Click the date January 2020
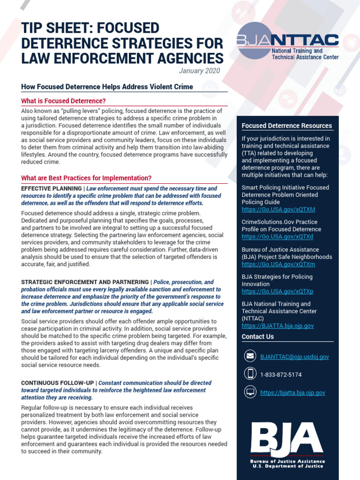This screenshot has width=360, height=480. [199, 71]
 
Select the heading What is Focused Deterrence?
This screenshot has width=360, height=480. [64, 101]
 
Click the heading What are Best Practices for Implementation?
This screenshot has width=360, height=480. [86, 178]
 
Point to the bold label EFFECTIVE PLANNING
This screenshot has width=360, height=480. [51, 188]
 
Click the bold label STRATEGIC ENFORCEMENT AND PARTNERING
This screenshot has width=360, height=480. [85, 282]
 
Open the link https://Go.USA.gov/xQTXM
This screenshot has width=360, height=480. [278, 210]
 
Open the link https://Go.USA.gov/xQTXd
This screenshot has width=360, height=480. [277, 237]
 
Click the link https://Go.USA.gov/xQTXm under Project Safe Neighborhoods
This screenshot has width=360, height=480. [278, 264]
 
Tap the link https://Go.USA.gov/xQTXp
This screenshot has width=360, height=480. [277, 292]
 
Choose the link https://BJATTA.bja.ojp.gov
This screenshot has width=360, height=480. [277, 326]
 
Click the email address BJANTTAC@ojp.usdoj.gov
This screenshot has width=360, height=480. [294, 357]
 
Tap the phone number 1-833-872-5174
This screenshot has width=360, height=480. [281, 375]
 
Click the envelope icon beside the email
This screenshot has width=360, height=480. [250, 356]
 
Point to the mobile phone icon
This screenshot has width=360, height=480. [250, 374]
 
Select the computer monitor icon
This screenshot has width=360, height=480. [250, 392]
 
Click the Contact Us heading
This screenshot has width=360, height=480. [258, 337]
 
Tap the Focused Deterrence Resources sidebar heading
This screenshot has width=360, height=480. [286, 126]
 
